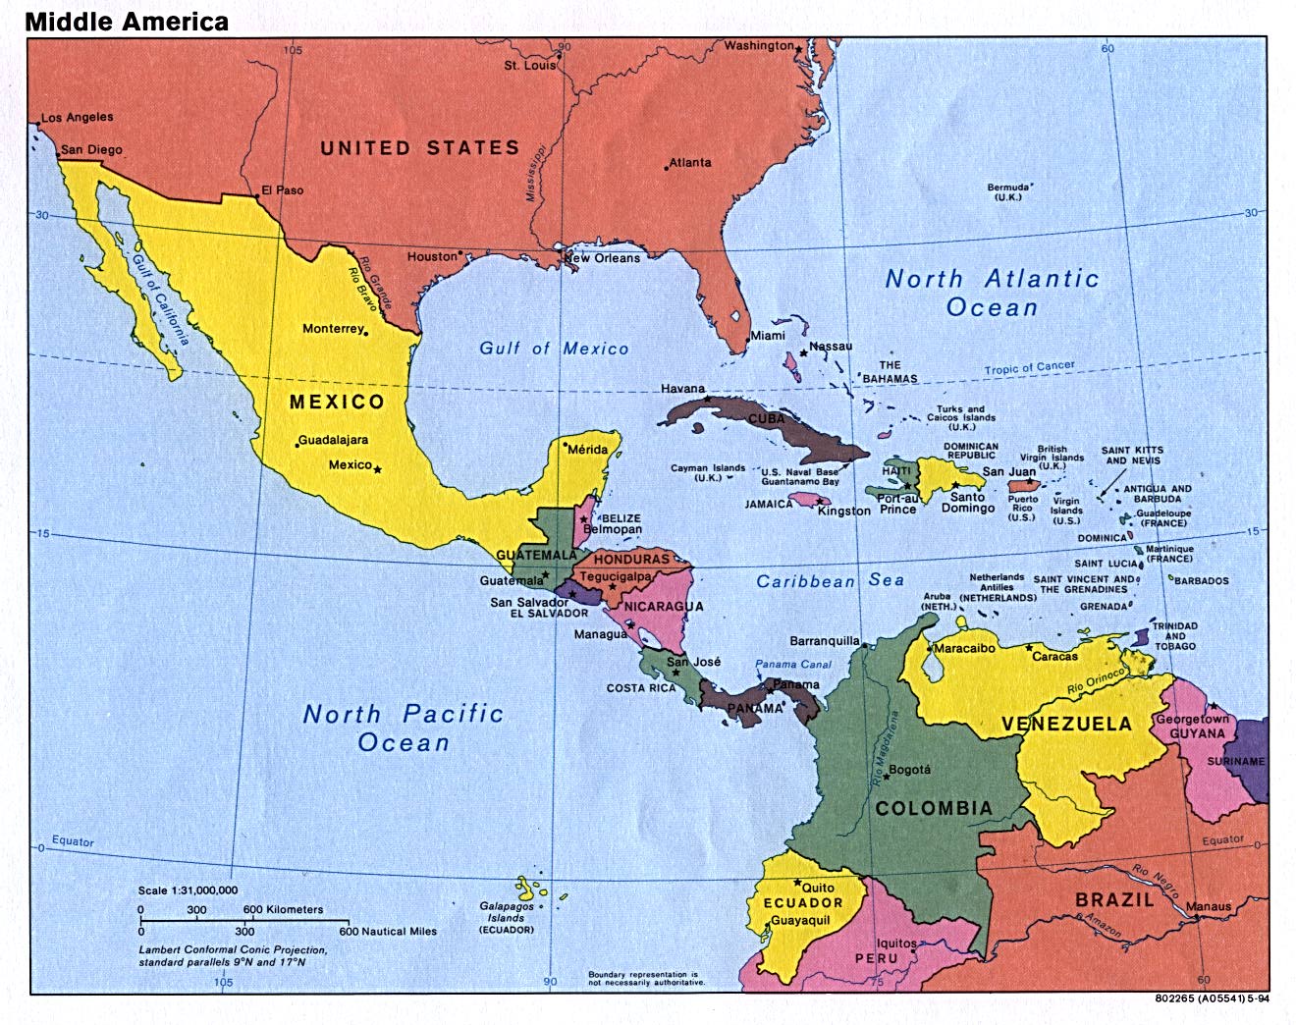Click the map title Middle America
(127, 21)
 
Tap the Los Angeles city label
(77, 117)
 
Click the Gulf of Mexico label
(554, 349)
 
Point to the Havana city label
(682, 389)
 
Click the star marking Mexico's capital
(378, 469)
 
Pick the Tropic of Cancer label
(1029, 368)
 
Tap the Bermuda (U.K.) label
(1008, 191)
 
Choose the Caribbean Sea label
(830, 581)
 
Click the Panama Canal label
(792, 665)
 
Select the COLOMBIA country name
(933, 808)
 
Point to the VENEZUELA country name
(1066, 725)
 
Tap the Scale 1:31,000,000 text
(188, 890)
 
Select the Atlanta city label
(690, 162)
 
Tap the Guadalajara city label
(333, 440)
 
